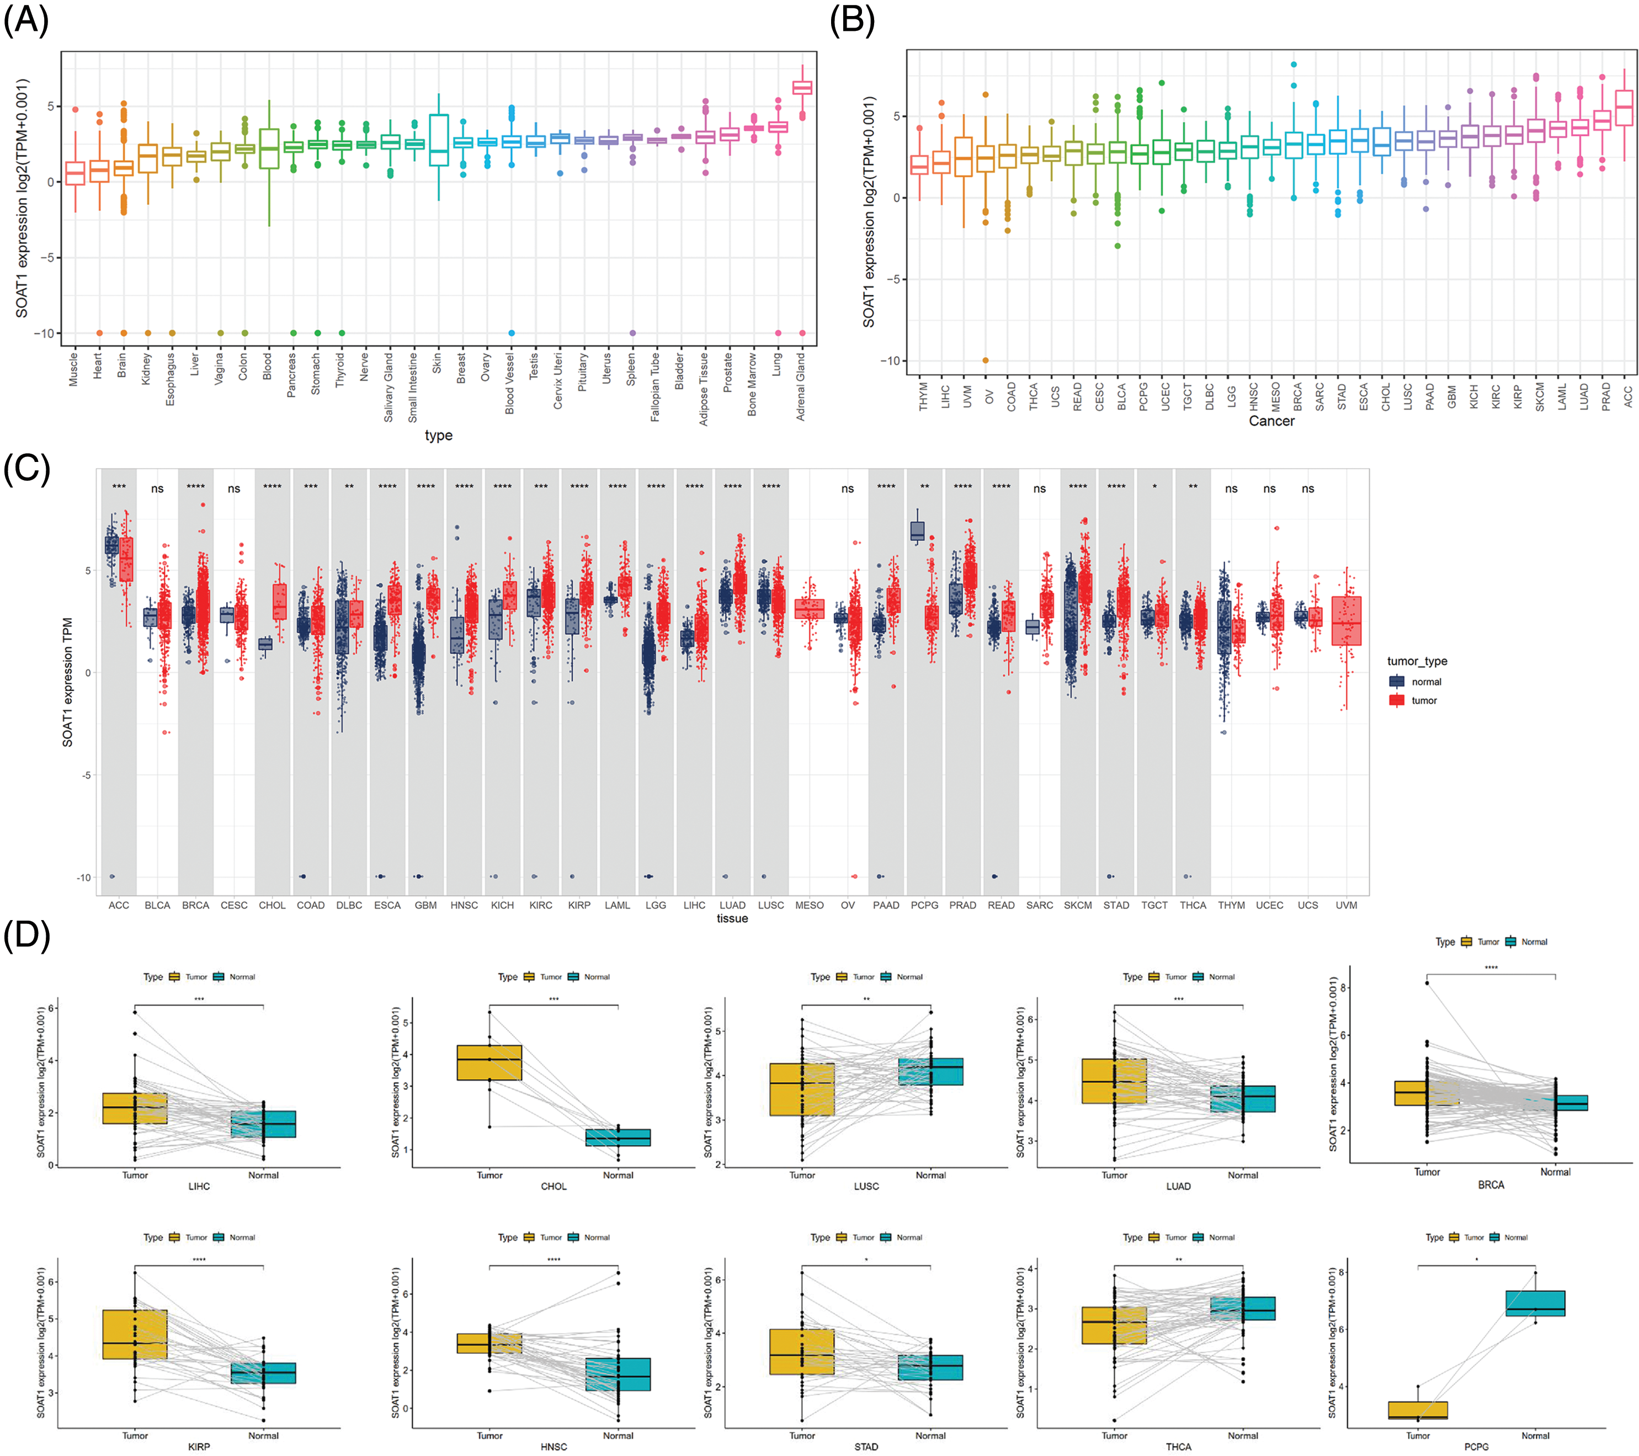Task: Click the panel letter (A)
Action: pyautogui.click(x=26, y=19)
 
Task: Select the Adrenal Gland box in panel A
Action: pyautogui.click(x=802, y=87)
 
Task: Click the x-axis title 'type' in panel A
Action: pyautogui.click(x=439, y=435)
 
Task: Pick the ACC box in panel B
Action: pyautogui.click(x=1625, y=108)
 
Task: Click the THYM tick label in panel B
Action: pyautogui.click(x=923, y=396)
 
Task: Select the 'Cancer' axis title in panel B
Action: pyautogui.click(x=1271, y=421)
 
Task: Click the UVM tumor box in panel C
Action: pyautogui.click(x=1347, y=620)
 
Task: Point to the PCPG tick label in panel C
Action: pyautogui.click(x=924, y=905)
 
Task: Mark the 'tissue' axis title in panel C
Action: pyautogui.click(x=732, y=919)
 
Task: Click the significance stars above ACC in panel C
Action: pyautogui.click(x=119, y=487)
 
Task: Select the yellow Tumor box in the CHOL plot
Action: pyautogui.click(x=489, y=1062)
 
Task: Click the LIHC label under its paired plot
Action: pyautogui.click(x=199, y=1186)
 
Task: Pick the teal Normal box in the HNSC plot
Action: pyautogui.click(x=618, y=1374)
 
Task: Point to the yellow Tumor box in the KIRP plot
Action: pyautogui.click(x=135, y=1334)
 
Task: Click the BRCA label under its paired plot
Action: pyautogui.click(x=1491, y=1184)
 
